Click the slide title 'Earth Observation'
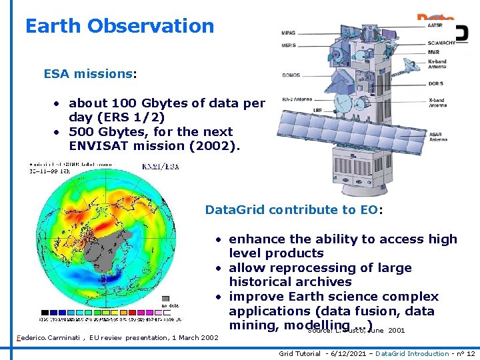pyautogui.click(x=119, y=26)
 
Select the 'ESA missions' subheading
pyautogui.click(x=87, y=74)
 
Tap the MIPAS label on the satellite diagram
pyautogui.click(x=289, y=33)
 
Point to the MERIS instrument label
pyautogui.click(x=289, y=45)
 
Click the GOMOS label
pyautogui.click(x=290, y=76)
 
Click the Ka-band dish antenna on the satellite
pyautogui.click(x=415, y=65)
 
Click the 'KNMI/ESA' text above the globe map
pyautogui.click(x=161, y=167)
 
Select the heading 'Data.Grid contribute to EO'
pyautogui.click(x=293, y=210)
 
